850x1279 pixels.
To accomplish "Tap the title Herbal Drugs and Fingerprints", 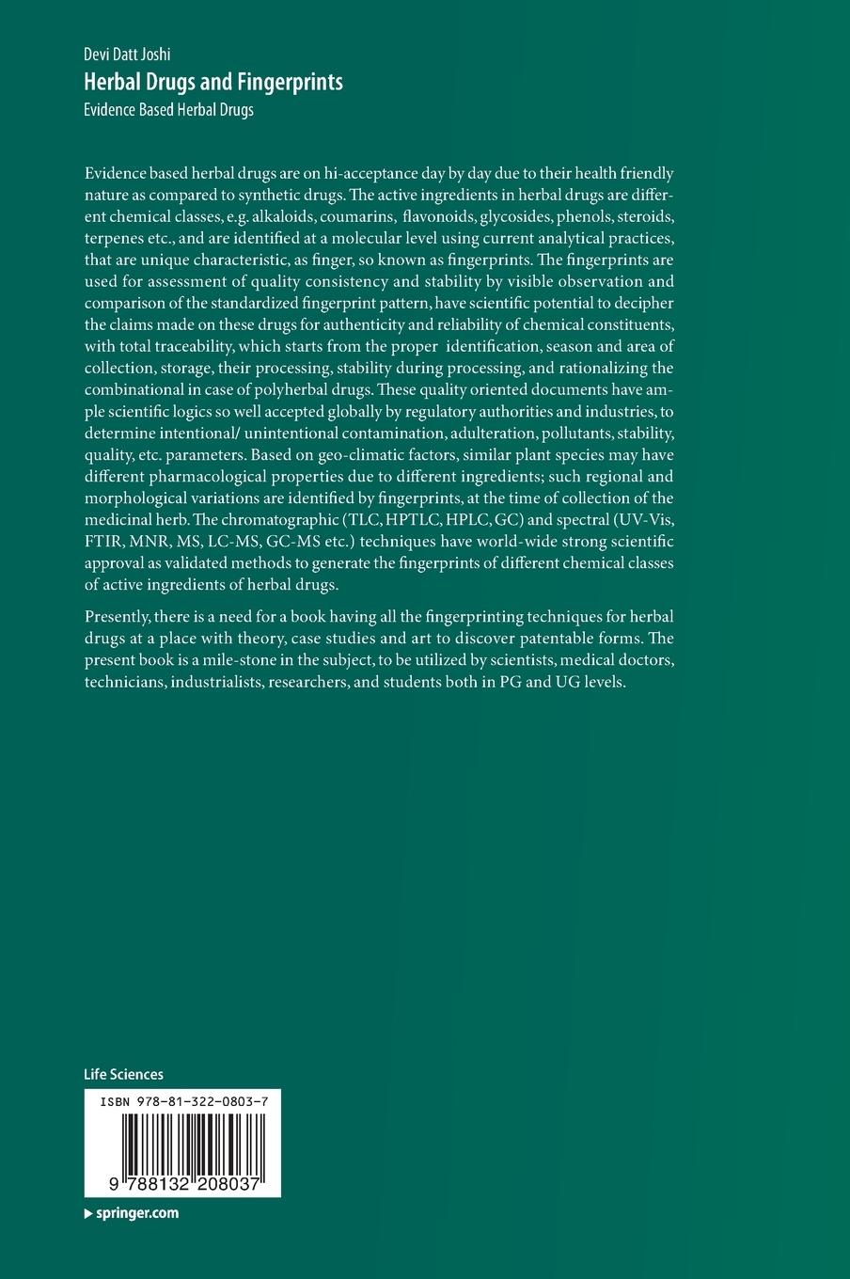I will click(x=213, y=82).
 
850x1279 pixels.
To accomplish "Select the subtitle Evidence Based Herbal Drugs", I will click(x=169, y=109).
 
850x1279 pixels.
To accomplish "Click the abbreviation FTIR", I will click(x=102, y=542).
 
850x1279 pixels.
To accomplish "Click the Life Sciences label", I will click(x=123, y=1074).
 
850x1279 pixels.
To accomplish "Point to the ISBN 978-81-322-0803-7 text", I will click(x=182, y=1098).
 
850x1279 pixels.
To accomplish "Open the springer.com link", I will click(x=137, y=1213).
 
